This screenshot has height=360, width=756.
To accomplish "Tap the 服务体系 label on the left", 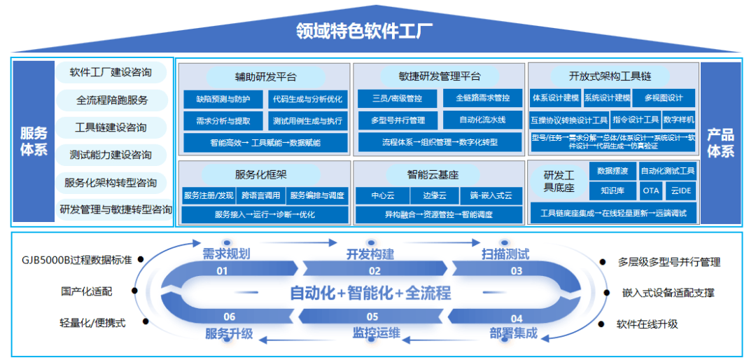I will [x=34, y=141].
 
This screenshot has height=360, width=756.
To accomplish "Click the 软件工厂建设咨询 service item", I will [x=111, y=72].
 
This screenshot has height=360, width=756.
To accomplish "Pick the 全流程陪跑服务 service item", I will [x=112, y=100].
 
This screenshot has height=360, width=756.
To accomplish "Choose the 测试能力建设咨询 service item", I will [x=111, y=155].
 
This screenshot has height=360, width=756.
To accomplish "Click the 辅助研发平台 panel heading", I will [x=265, y=76].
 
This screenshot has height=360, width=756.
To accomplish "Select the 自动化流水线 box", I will [x=482, y=120].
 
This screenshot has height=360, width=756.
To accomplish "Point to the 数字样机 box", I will [x=678, y=120].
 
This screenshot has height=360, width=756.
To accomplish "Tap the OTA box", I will [x=651, y=190].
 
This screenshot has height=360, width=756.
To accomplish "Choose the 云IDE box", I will [x=680, y=190].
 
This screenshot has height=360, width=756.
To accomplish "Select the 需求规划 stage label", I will [x=226, y=254].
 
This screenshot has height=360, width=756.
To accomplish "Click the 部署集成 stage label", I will [x=513, y=333].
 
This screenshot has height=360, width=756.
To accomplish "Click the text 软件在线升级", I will [x=647, y=324].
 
